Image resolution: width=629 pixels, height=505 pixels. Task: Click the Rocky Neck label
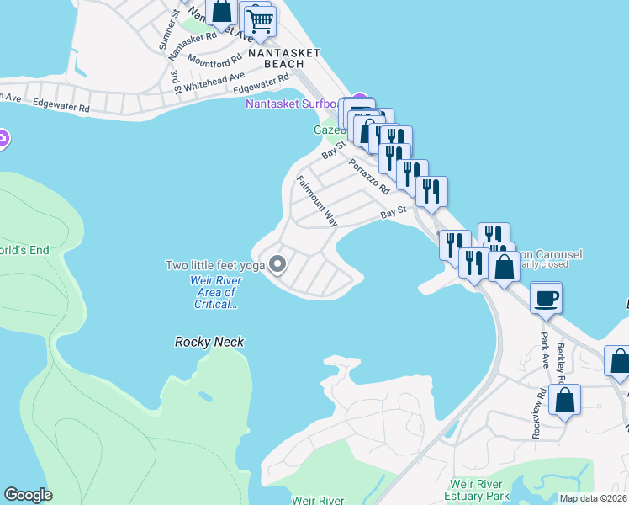coord(209,342)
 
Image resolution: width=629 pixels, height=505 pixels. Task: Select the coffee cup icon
coord(547,298)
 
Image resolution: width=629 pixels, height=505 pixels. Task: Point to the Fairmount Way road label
coord(316,201)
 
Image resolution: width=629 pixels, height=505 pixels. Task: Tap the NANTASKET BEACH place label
coord(284,57)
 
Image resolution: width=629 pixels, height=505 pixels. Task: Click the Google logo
coord(28,495)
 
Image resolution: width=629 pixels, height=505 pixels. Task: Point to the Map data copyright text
coord(593,498)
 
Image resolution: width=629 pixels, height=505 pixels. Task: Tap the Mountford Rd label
coord(210,61)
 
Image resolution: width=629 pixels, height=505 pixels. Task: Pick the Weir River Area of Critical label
coord(212,291)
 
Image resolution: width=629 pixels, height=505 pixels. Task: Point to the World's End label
coord(24,250)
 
